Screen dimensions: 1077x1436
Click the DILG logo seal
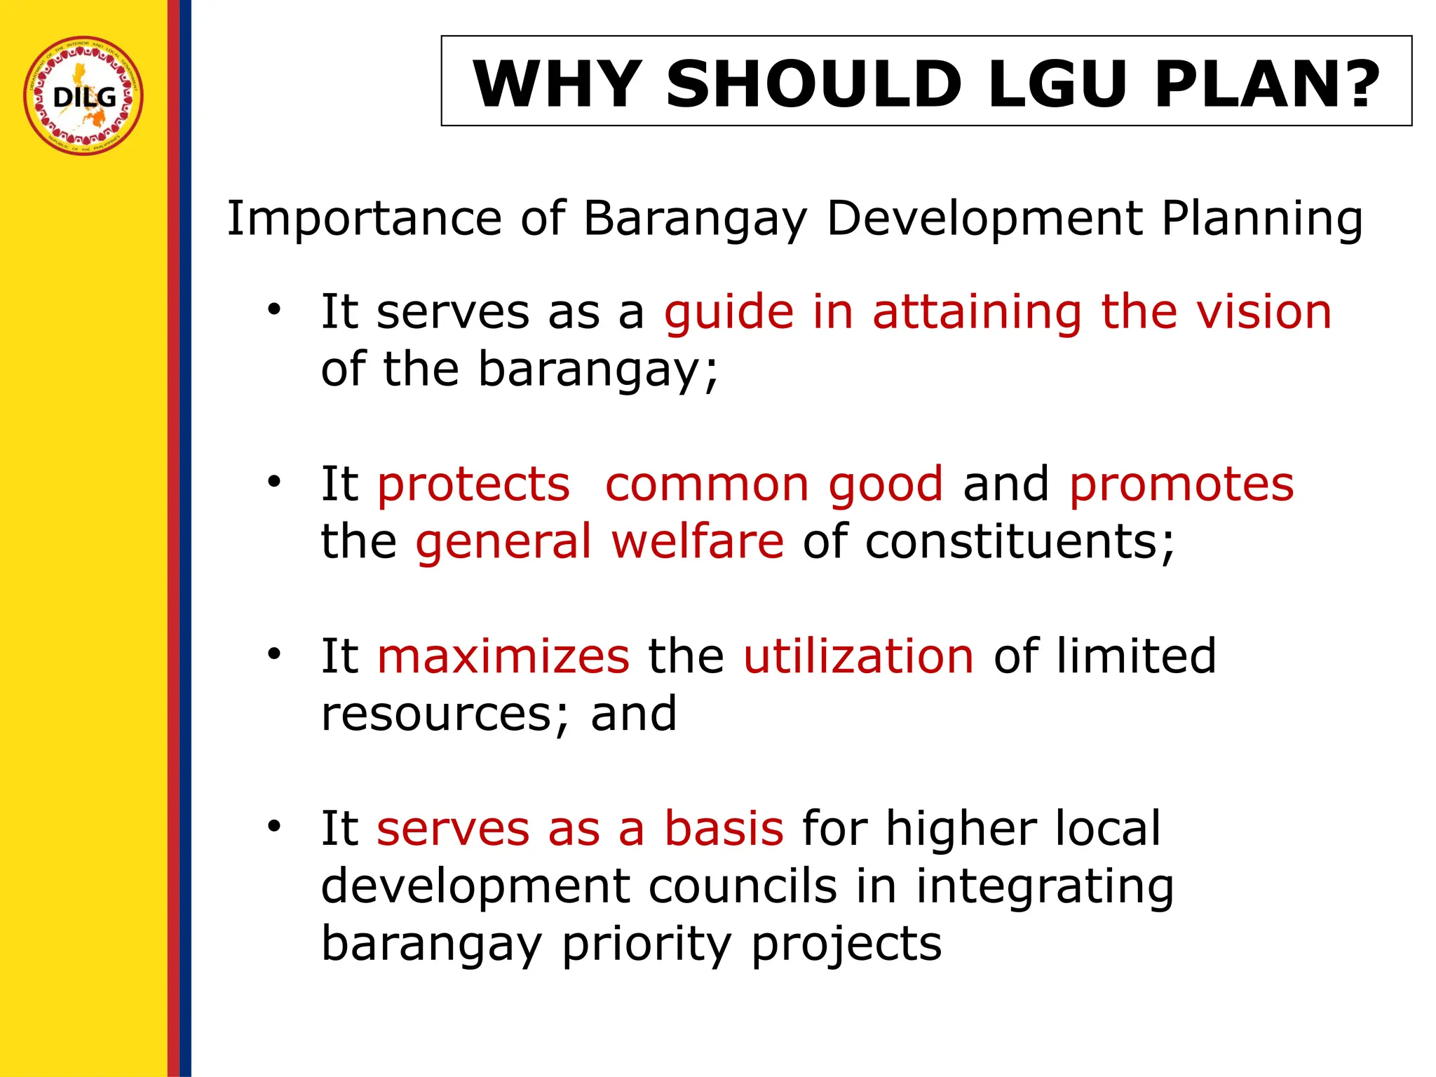pyautogui.click(x=83, y=95)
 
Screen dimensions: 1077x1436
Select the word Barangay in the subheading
pyautogui.click(x=695, y=219)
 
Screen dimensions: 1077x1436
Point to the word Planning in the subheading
pyautogui.click(x=1262, y=219)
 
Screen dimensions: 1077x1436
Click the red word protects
pyautogui.click(x=473, y=485)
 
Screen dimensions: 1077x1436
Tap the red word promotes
pyautogui.click(x=1181, y=485)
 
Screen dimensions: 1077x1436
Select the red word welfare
pyautogui.click(x=697, y=541)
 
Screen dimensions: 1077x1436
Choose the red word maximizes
pyautogui.click(x=503, y=656)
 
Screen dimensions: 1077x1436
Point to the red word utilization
pyautogui.click(x=858, y=656)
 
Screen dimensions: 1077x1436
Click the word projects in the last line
pyautogui.click(x=846, y=944)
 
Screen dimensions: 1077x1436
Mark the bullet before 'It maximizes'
pyautogui.click(x=273, y=654)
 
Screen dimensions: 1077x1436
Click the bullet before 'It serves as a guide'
pyautogui.click(x=273, y=309)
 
